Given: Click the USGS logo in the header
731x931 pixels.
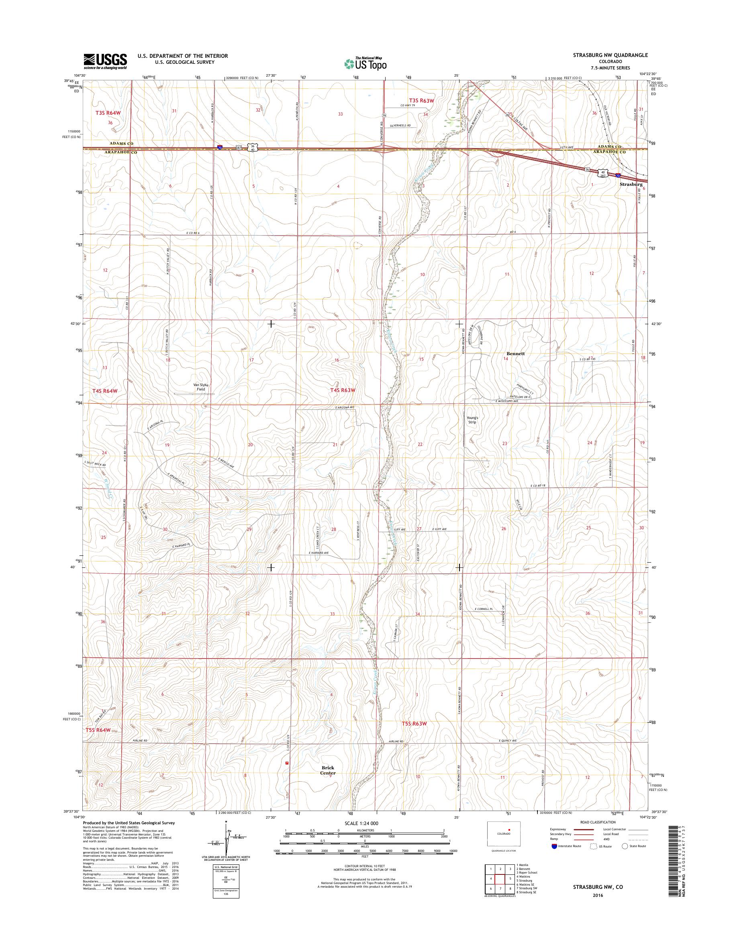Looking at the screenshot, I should tap(105, 61).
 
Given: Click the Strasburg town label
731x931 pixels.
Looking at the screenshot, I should tap(631, 184).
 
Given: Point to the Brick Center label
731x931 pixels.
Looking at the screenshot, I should tap(328, 770).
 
